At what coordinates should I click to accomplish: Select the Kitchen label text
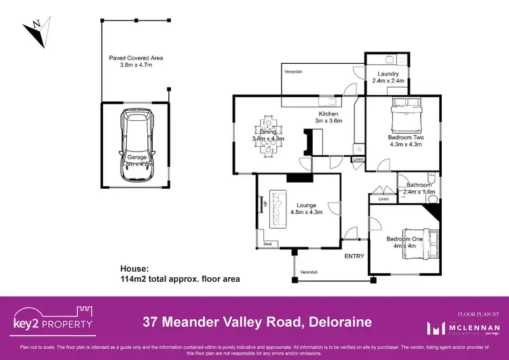click(329, 113)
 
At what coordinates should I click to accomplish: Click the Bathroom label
click(419, 185)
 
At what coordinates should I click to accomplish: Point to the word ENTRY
click(354, 256)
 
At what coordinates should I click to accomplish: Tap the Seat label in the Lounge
click(269, 243)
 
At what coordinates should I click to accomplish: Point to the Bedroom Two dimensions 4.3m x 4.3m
click(404, 144)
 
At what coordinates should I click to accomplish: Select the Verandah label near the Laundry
click(293, 71)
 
